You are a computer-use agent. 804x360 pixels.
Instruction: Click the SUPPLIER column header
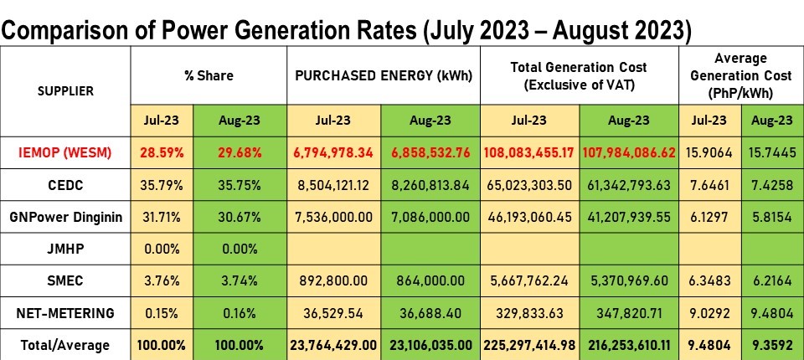pyautogui.click(x=65, y=91)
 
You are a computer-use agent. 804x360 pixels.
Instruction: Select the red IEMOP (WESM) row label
pyautogui.click(x=65, y=153)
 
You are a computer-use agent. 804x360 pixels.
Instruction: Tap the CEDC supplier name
pyautogui.click(x=65, y=185)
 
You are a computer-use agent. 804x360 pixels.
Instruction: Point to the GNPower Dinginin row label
pyautogui.click(x=65, y=218)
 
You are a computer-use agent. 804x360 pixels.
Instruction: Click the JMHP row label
pyautogui.click(x=65, y=249)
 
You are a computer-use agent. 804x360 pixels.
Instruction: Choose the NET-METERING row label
pyautogui.click(x=65, y=313)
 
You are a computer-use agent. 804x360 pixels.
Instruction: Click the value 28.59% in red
pyautogui.click(x=162, y=153)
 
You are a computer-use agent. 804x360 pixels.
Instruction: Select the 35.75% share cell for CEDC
pyautogui.click(x=240, y=185)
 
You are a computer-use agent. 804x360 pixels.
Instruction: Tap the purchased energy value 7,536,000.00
pyautogui.click(x=333, y=218)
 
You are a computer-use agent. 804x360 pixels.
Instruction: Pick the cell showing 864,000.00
pyautogui.click(x=430, y=281)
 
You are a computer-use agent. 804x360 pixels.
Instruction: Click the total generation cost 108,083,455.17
pyautogui.click(x=528, y=153)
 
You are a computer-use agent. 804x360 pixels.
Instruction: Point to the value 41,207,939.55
pyautogui.click(x=629, y=218)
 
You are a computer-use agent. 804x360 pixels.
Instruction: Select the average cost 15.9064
pyautogui.click(x=710, y=153)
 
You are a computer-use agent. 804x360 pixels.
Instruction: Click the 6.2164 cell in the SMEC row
pyautogui.click(x=772, y=281)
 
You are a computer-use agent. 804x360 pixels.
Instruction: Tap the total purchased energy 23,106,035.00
pyautogui.click(x=430, y=345)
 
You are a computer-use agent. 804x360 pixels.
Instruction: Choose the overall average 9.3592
pyautogui.click(x=772, y=345)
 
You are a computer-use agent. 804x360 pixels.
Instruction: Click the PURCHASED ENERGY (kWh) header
pyautogui.click(x=383, y=76)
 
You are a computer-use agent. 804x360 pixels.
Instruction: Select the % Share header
pyautogui.click(x=209, y=76)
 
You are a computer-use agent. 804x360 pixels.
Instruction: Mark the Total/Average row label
pyautogui.click(x=65, y=345)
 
